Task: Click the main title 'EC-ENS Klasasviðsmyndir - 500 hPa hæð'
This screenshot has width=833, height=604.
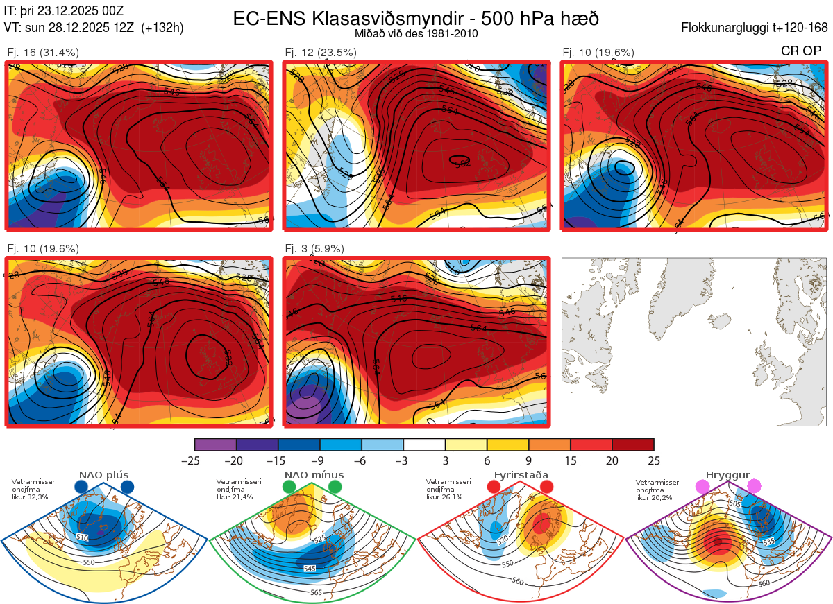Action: (416, 19)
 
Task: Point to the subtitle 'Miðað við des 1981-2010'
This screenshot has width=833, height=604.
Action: (416, 33)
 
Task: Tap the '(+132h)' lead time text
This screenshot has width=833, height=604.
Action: (162, 28)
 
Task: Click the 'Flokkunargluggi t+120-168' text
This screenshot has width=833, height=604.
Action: (755, 28)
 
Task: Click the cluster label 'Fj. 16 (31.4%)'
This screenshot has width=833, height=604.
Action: (43, 52)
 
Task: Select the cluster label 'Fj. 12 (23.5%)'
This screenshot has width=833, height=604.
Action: (321, 52)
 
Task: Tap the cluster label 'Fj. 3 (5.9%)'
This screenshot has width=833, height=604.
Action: (314, 248)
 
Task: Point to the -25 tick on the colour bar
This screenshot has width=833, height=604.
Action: (195, 460)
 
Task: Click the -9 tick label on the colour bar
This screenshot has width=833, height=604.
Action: (320, 460)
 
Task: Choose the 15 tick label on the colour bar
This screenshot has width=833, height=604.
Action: (570, 460)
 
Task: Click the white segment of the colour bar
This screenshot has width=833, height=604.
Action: (424, 445)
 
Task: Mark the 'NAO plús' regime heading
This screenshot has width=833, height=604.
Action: (103, 475)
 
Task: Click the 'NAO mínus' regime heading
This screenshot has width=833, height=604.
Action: (314, 475)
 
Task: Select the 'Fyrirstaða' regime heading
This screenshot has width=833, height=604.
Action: (521, 475)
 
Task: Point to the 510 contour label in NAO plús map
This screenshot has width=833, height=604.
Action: (82, 537)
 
